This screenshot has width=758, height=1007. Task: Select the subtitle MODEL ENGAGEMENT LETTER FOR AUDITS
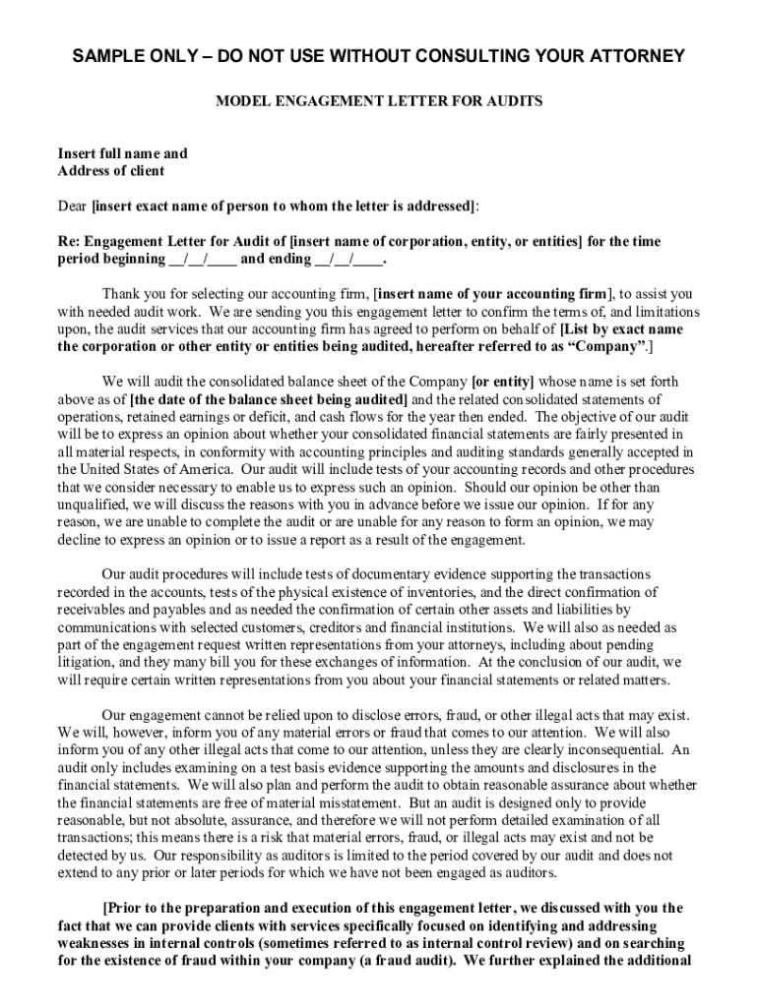click(379, 101)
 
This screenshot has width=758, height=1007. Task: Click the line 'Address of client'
click(110, 170)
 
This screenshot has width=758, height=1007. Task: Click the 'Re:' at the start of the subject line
click(68, 241)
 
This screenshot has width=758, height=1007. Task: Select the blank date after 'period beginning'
click(203, 259)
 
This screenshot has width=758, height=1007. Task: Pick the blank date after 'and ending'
click(348, 259)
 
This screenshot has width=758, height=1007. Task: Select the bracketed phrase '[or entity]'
click(503, 381)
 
